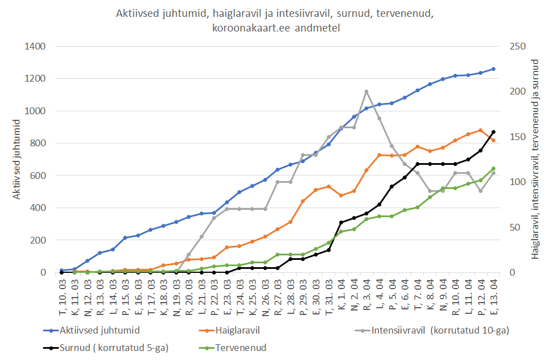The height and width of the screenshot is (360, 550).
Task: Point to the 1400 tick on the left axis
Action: click(35, 46)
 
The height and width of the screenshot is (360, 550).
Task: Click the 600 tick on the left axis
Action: click(38, 175)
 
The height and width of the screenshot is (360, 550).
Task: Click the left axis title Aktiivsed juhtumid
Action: click(17, 159)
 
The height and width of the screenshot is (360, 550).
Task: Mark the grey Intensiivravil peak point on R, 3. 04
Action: click(366, 91)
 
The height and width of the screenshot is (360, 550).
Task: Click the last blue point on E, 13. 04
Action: click(493, 69)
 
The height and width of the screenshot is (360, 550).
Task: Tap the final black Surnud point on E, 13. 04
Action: click(493, 132)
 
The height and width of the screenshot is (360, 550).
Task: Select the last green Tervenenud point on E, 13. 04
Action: click(493, 168)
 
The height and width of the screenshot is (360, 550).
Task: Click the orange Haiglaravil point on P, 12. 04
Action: click(480, 130)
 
